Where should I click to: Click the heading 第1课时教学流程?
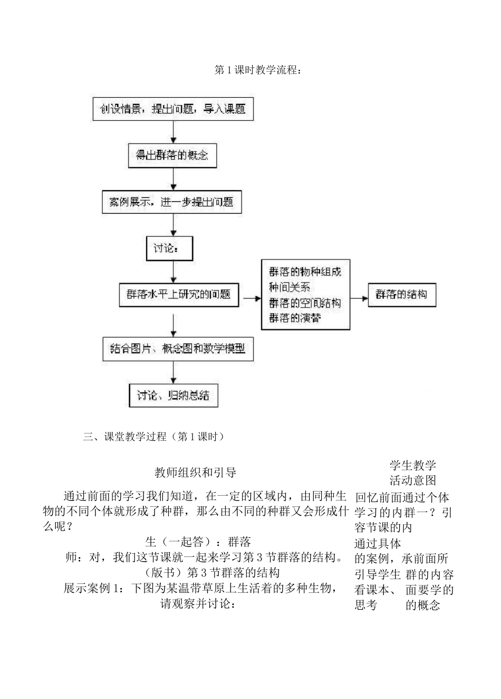(258, 70)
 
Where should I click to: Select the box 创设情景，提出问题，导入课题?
(172, 109)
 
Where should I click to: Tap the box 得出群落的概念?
(172, 155)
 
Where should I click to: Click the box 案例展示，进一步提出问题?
(171, 202)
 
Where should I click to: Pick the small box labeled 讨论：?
(169, 248)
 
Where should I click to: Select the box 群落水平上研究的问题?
(179, 295)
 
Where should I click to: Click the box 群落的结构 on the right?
(402, 295)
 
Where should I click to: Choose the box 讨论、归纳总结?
(173, 395)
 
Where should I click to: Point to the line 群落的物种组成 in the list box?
(305, 272)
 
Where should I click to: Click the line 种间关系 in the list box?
(290, 287)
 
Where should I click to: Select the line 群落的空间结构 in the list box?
(305, 303)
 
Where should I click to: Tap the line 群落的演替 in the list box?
(295, 318)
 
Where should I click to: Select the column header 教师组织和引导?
(195, 472)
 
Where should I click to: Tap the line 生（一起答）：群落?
(198, 541)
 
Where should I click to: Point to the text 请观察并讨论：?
(197, 603)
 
